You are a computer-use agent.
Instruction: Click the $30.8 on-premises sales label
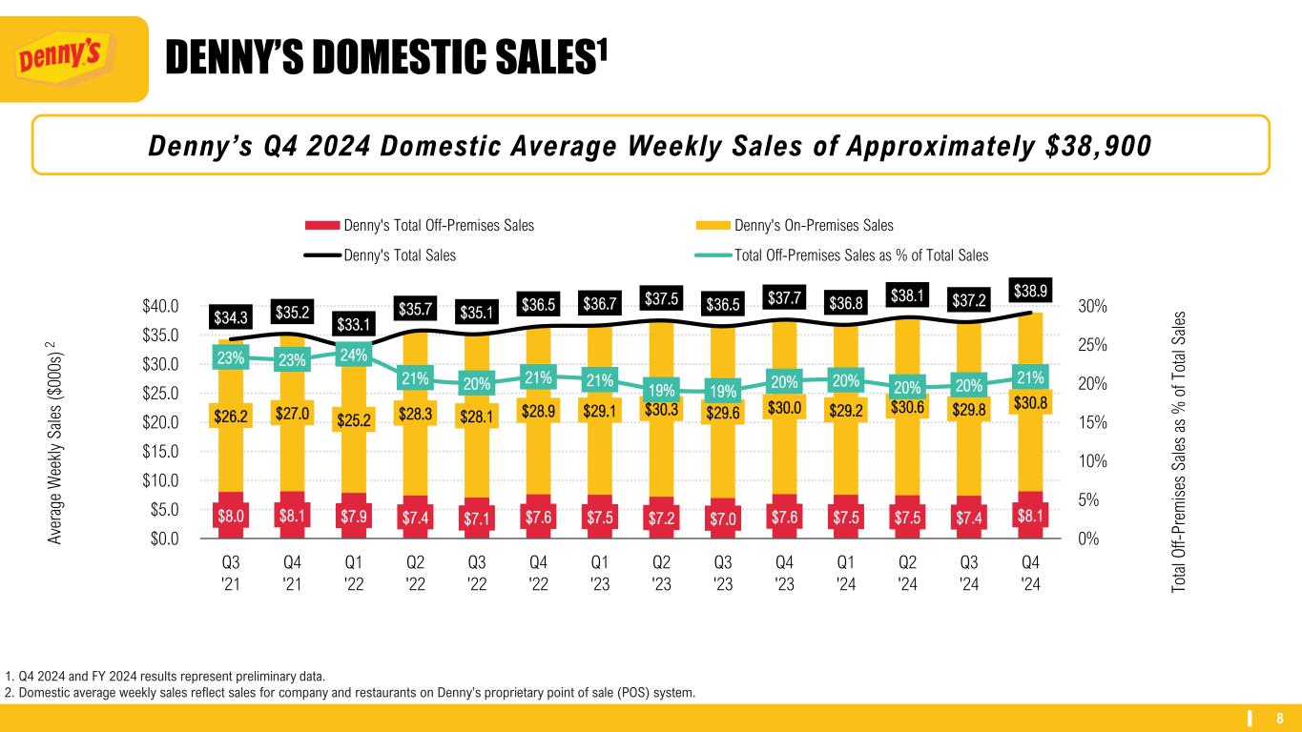tap(1031, 404)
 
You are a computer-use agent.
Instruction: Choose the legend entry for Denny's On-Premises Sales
tap(813, 226)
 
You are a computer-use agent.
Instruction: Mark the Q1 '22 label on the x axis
tap(353, 574)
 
